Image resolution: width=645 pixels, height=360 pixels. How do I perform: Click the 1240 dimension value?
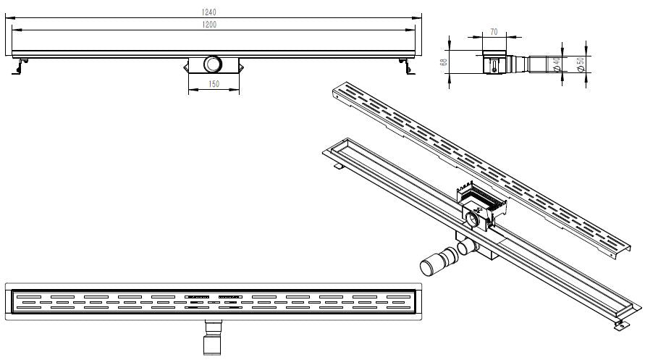point(209,12)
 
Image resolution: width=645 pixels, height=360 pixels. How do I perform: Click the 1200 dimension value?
point(209,25)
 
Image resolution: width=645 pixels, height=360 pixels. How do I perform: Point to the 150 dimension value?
point(214,84)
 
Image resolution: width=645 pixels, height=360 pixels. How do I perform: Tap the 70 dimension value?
point(494,32)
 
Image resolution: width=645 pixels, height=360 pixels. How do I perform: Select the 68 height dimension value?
point(444,62)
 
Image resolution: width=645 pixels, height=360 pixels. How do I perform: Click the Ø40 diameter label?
point(556,64)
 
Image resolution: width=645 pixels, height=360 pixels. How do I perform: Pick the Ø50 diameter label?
point(580,64)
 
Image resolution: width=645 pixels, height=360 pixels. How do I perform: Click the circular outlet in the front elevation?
point(213,64)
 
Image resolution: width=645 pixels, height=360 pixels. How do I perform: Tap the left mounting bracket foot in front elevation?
point(19,66)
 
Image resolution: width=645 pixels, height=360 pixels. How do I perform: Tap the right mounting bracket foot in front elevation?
point(407,66)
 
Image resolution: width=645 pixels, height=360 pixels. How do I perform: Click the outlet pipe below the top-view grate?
point(213,338)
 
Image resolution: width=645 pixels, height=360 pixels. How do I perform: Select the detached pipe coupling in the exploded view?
point(439,261)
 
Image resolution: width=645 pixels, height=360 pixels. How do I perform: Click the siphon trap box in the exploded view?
point(481,206)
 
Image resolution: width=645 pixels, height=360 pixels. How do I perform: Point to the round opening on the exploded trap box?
point(473,219)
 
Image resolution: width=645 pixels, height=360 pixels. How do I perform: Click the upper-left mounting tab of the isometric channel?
point(338,166)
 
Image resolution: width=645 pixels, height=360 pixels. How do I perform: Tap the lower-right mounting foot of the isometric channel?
point(622,325)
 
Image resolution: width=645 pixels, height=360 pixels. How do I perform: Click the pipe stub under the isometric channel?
point(468,247)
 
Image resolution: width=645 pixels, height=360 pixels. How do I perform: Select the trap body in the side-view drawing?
point(494,63)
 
